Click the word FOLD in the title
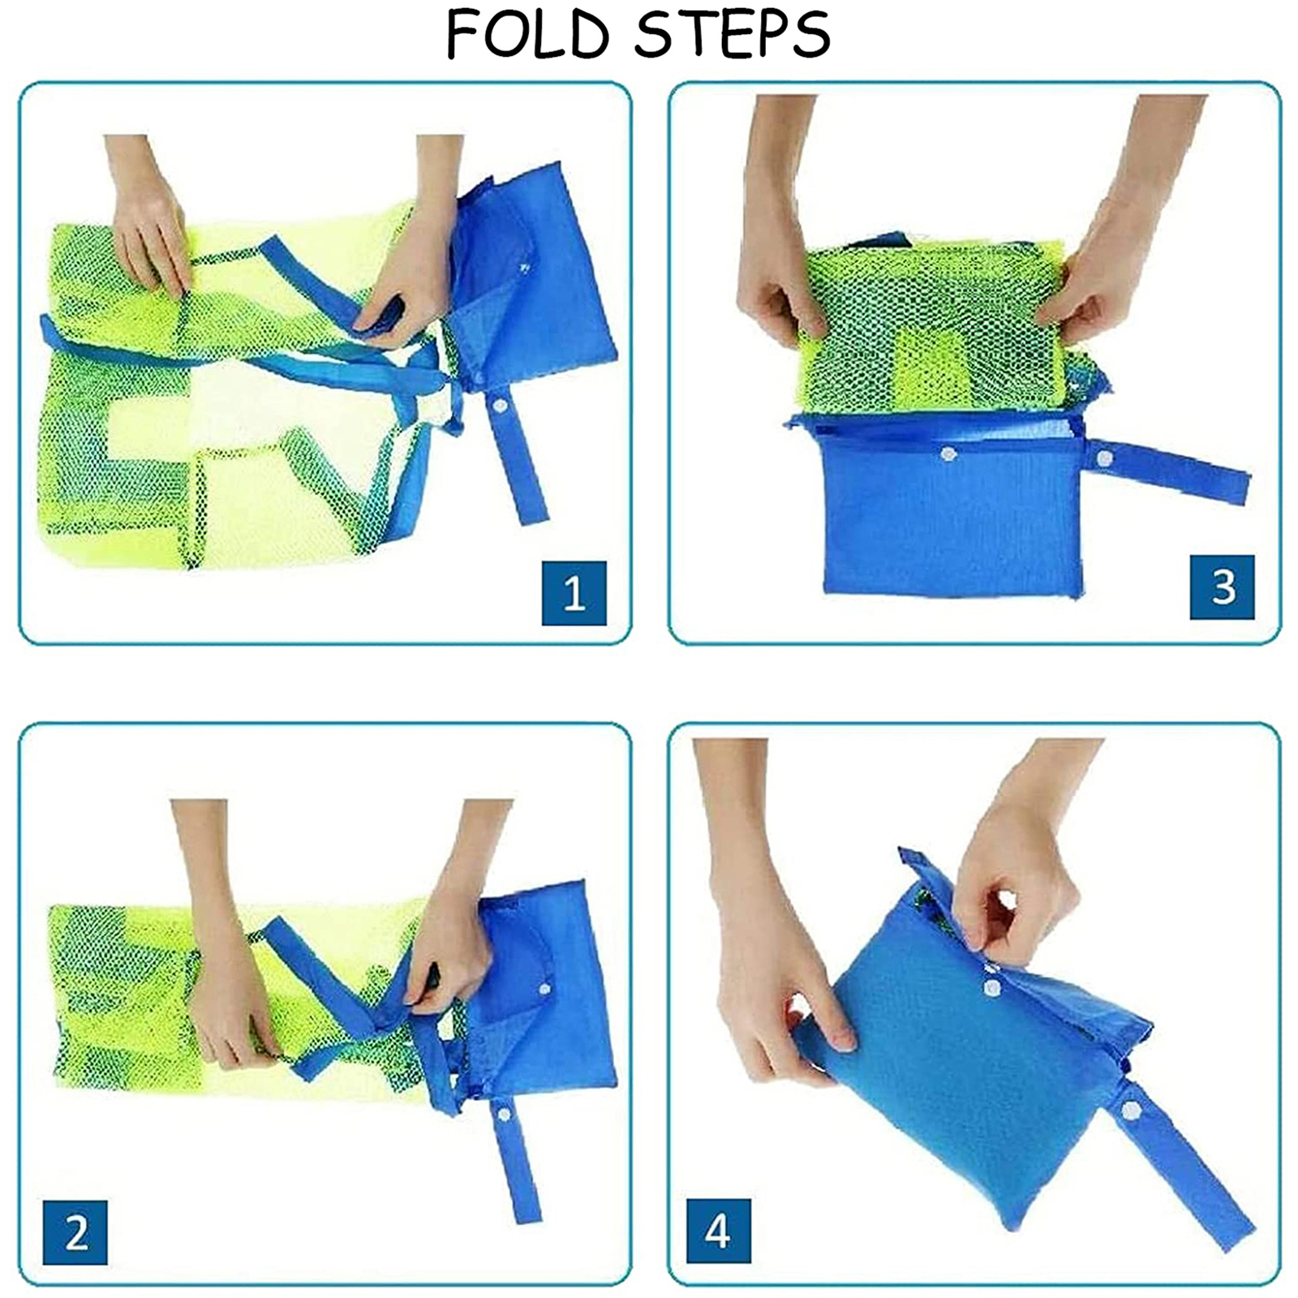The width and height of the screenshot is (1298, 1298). pos(527,34)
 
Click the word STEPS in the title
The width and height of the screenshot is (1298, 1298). pos(733,34)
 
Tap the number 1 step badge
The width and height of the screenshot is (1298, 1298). pos(574,592)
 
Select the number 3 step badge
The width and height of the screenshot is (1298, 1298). pos(1223,587)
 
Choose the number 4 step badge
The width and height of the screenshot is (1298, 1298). pos(719,1231)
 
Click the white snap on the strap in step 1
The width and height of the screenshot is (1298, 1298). pos(500,405)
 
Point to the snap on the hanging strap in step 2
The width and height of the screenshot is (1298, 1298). pos(504,1114)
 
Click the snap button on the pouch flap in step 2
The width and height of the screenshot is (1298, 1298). pos(544,989)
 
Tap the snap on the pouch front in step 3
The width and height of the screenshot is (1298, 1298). pos(948,454)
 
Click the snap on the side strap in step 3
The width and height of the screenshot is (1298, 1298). pos(1104,458)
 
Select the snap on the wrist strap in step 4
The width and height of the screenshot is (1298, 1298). pos(1129,1110)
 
